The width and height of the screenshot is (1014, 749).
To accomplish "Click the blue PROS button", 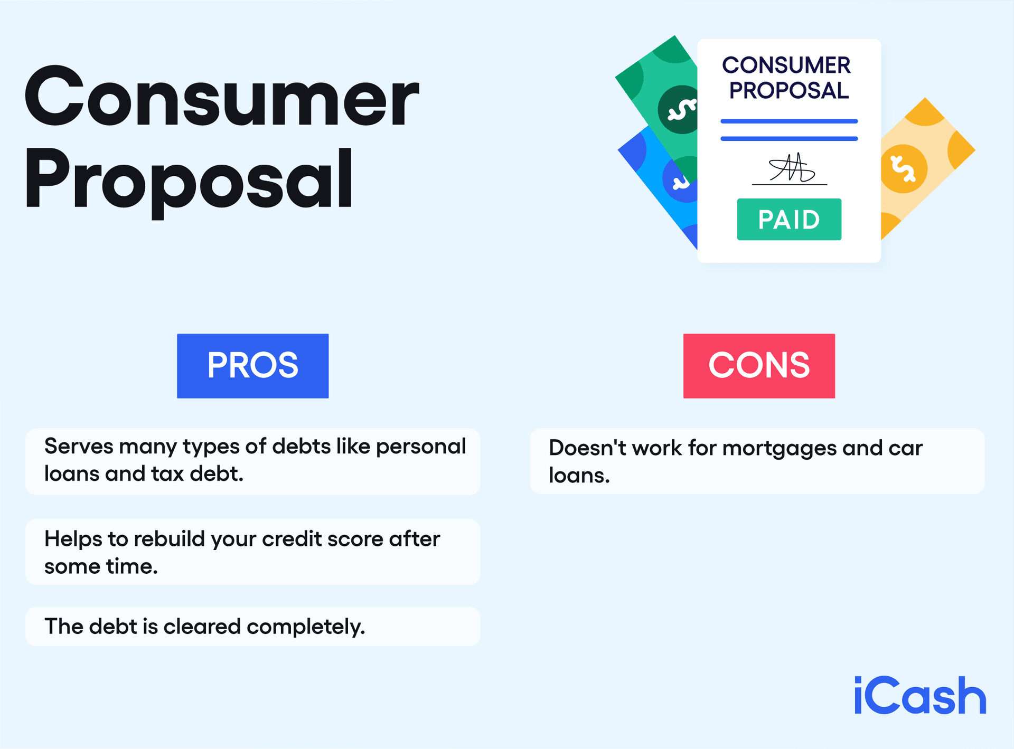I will point(252,365).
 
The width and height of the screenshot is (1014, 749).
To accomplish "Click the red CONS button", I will point(759,365).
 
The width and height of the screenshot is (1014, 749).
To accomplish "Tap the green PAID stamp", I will point(789,220).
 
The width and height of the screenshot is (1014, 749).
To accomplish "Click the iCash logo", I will point(920,696).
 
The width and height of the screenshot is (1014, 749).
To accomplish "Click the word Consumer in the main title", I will point(222,97).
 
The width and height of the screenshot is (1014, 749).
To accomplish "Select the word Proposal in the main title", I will point(189,179).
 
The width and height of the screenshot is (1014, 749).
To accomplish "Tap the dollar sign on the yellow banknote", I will point(903,168).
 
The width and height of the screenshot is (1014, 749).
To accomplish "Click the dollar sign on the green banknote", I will point(681,110).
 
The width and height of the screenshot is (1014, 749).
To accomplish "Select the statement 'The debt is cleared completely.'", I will point(205,627).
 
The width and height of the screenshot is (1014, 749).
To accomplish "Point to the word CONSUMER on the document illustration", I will point(786,65).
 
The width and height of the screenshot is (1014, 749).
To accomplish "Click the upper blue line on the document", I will point(789,121).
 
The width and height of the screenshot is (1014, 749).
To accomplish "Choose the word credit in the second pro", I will point(292,539).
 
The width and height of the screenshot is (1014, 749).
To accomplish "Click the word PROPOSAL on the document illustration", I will point(789,91).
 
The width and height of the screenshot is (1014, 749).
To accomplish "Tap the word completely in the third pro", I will point(305,627).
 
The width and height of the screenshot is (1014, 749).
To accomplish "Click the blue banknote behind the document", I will point(660,185).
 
